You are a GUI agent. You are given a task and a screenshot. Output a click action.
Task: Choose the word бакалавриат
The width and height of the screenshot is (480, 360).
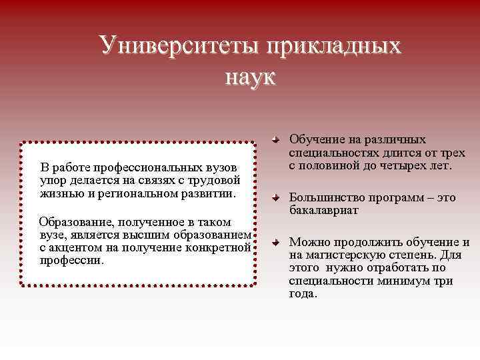[324, 211]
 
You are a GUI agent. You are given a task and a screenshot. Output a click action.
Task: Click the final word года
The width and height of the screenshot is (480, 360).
[303, 293]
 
